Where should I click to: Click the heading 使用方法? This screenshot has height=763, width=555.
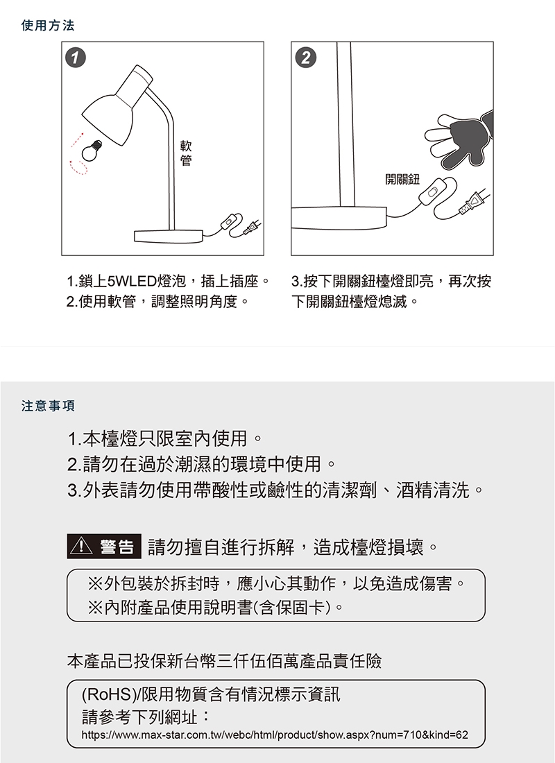tap(48, 25)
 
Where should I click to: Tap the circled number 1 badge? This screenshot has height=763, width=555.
tap(76, 58)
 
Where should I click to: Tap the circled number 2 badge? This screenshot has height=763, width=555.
tap(306, 58)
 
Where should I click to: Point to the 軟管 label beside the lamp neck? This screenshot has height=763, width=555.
tap(186, 153)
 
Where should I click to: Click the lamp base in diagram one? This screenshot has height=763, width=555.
tap(169, 237)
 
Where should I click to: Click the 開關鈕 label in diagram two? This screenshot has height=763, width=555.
tap(402, 179)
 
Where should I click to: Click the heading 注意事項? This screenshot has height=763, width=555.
tap(48, 406)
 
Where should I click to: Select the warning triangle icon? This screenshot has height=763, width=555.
tap(81, 547)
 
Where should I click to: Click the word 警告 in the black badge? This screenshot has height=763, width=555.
tap(117, 547)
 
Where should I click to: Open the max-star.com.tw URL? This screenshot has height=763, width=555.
tap(275, 735)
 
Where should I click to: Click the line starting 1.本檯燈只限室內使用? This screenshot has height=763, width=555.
tap(166, 439)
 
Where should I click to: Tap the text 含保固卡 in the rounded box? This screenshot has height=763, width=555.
tap(293, 608)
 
